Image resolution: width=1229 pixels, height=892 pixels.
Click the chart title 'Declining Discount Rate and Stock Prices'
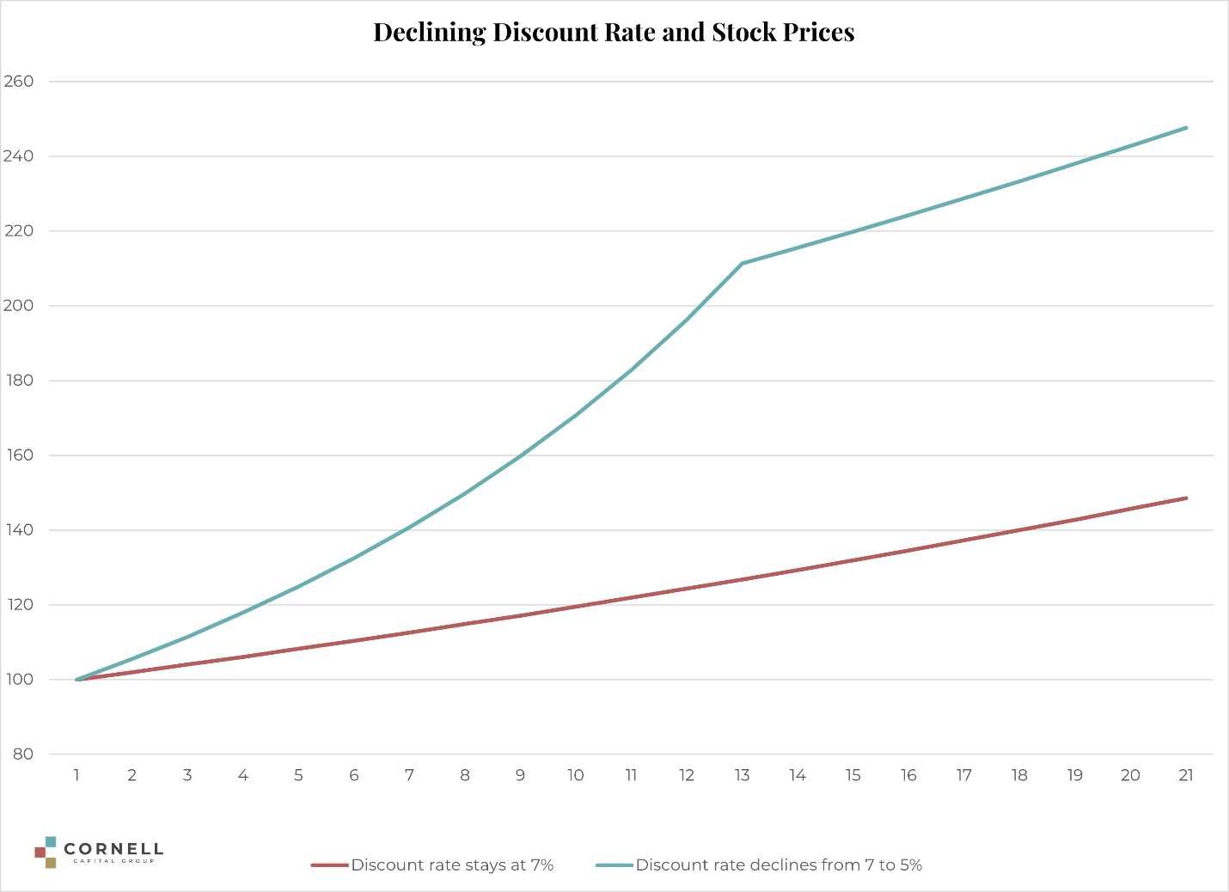point(614,33)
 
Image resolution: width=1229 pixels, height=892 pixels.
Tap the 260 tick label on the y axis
point(19,82)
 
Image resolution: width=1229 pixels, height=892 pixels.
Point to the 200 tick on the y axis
point(19,306)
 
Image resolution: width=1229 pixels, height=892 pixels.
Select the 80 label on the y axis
point(22,755)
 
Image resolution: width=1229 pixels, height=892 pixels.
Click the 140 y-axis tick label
point(19,530)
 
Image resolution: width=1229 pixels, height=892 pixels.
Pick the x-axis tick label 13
point(742,775)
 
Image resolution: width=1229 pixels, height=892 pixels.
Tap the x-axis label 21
point(1186,775)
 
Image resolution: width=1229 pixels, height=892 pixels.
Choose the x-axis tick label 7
point(409,775)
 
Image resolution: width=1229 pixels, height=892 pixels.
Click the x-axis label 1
point(76,775)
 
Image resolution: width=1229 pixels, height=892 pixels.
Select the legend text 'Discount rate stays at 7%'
point(452,865)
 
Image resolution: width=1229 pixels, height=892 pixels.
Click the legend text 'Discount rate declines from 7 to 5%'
point(779,865)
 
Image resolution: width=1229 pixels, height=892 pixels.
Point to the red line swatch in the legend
point(329,865)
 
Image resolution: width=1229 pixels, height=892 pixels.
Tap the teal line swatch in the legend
point(614,865)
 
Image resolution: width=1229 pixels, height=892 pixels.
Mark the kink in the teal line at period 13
point(742,263)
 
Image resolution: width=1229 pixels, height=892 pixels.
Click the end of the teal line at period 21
point(1186,127)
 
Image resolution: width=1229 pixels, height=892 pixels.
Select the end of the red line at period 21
point(1186,498)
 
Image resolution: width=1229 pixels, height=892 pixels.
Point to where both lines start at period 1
point(77,680)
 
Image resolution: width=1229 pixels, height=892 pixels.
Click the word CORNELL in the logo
point(113,850)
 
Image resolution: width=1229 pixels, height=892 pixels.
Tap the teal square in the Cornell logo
point(51,841)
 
